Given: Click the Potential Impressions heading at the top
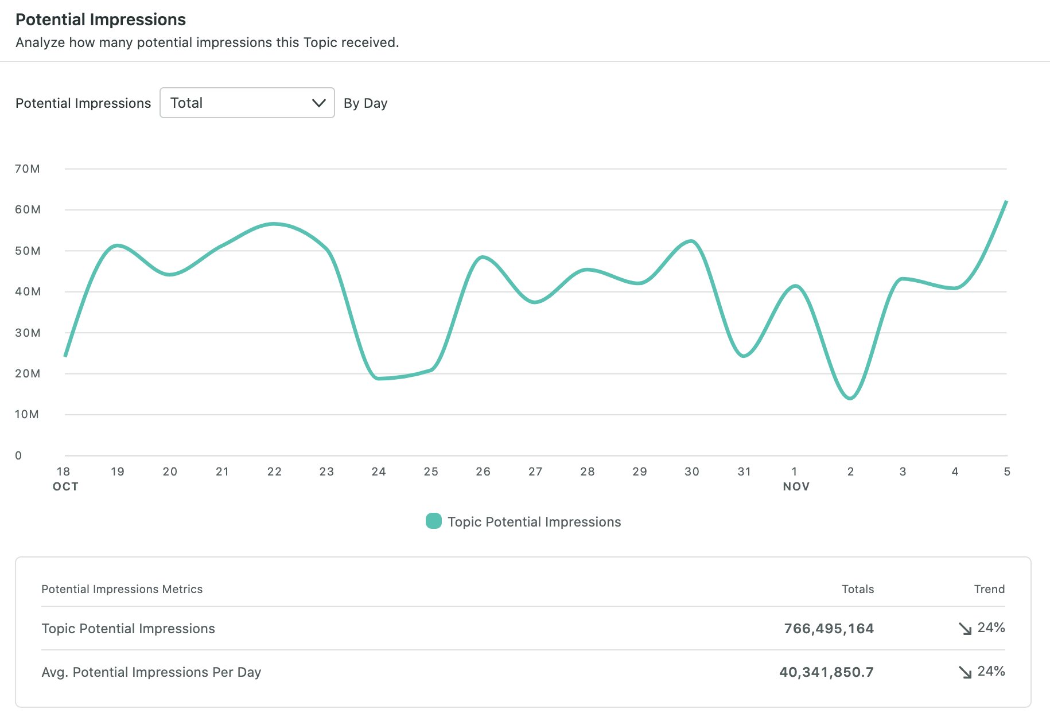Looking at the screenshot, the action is [x=100, y=20].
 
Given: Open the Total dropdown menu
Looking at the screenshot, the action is [x=247, y=103].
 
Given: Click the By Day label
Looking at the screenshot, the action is [x=365, y=103].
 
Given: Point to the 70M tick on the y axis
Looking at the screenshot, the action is [x=28, y=169].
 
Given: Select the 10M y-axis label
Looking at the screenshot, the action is [x=27, y=414].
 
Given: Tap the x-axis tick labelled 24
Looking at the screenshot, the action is [x=379, y=471].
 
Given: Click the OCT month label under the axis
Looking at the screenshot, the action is [x=65, y=486].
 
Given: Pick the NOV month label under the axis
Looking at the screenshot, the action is [x=796, y=486].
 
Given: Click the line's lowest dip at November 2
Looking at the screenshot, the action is [x=850, y=398].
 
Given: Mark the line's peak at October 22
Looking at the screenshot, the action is [x=274, y=224].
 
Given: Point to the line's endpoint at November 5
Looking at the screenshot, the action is [x=1006, y=202].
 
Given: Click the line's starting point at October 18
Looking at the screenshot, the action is [x=65, y=356].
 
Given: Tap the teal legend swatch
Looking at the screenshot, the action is [x=434, y=521].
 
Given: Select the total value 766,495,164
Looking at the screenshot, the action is [x=829, y=629].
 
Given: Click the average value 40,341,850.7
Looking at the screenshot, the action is [x=827, y=672].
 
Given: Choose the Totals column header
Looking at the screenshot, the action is [x=858, y=589].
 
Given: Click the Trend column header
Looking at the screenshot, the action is [x=989, y=589].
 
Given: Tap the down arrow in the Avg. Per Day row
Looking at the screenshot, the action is [x=965, y=672].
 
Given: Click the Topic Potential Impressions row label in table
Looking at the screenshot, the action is [x=129, y=629].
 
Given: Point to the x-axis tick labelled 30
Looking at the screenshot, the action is [x=692, y=471].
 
